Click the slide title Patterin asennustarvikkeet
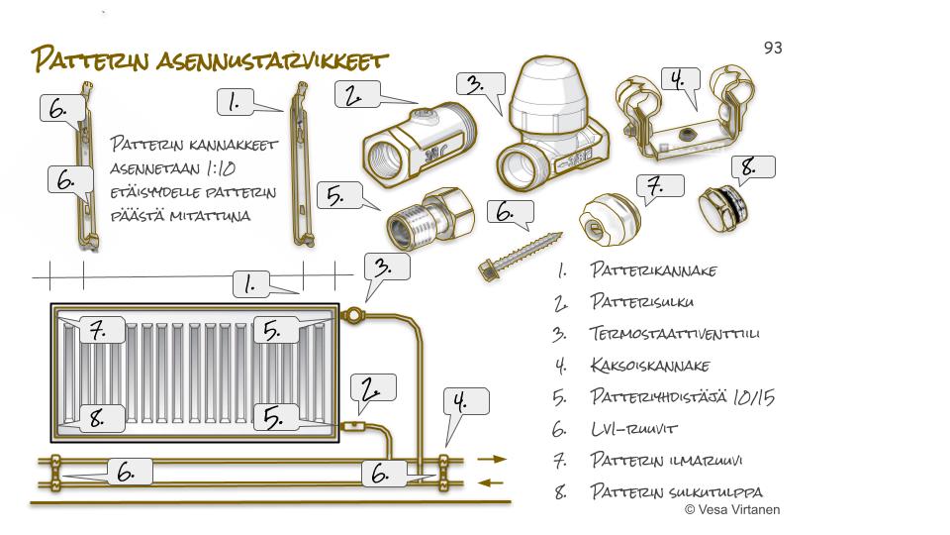208,60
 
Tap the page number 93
773,47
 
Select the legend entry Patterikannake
653,269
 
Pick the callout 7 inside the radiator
99,331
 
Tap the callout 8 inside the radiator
99,418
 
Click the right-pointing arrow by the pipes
492,460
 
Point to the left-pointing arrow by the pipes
492,482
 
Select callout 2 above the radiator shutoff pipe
372,389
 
